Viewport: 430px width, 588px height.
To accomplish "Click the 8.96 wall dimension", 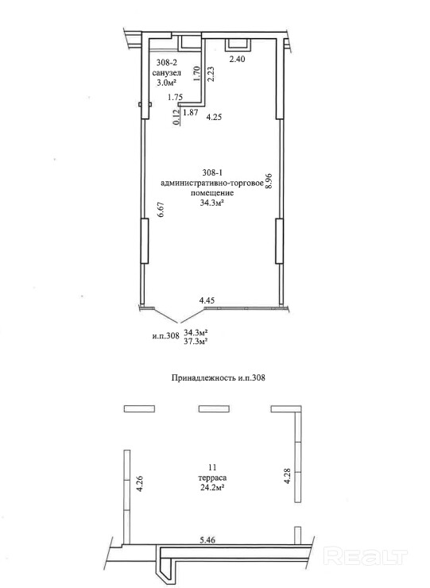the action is pos(269,180).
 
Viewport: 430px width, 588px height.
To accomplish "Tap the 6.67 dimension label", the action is pos(161,210).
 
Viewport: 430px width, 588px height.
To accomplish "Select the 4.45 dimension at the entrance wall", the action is pos(207,300).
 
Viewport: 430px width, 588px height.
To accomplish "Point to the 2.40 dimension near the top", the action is pos(237,59).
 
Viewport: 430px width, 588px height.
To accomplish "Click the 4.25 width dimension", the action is pos(214,117).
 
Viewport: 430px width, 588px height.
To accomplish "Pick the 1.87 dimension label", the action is pos(191,113).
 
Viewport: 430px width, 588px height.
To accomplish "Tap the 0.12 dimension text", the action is pos(176,118).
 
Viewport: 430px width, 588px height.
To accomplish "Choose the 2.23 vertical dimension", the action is pos(211,74).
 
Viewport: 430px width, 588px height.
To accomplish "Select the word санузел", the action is pos(167,73).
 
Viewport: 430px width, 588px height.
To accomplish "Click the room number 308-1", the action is pos(213,173).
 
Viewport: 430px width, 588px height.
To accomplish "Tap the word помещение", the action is pos(212,193).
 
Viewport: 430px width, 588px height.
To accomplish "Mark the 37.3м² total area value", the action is pos(196,341).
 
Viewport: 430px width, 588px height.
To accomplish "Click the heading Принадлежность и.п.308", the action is pos(219,377).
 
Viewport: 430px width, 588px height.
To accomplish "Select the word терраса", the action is pos(212,478).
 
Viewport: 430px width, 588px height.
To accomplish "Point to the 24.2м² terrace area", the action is pos(212,488).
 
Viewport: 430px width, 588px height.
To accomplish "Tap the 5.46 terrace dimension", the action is pos(207,540).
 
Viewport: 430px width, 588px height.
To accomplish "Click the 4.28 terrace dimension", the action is pos(288,475).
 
